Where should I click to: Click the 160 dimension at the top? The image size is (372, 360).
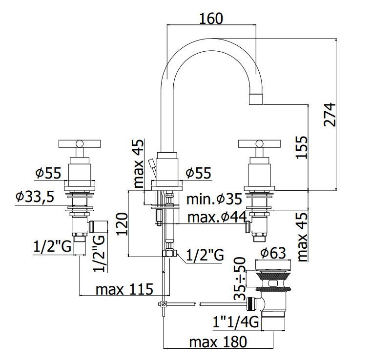point(211,19)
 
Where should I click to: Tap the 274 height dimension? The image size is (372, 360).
point(330,115)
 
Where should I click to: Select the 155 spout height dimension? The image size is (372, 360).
point(302,147)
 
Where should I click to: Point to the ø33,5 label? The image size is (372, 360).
point(35,197)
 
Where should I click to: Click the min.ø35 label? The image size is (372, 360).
point(214,199)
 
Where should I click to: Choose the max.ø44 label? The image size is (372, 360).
point(217,217)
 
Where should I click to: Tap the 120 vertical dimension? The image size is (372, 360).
point(122,224)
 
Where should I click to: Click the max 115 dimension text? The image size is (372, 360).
point(124,289)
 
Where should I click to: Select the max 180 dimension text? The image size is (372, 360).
point(218,342)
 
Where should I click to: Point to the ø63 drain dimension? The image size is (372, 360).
point(273,253)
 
